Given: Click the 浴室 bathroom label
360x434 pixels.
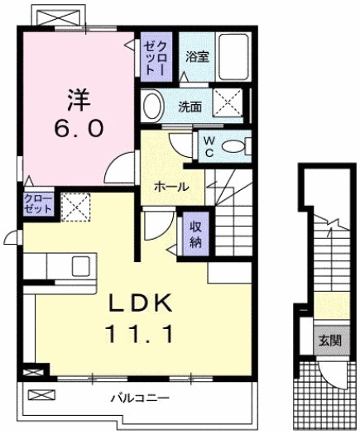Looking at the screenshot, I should [196, 58].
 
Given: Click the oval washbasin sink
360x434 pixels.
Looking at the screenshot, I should [152, 106].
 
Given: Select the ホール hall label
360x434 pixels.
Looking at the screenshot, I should [170, 188].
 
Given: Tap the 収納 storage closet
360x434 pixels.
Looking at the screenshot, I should [195, 235].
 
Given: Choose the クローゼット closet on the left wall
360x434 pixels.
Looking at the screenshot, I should [38, 204].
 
